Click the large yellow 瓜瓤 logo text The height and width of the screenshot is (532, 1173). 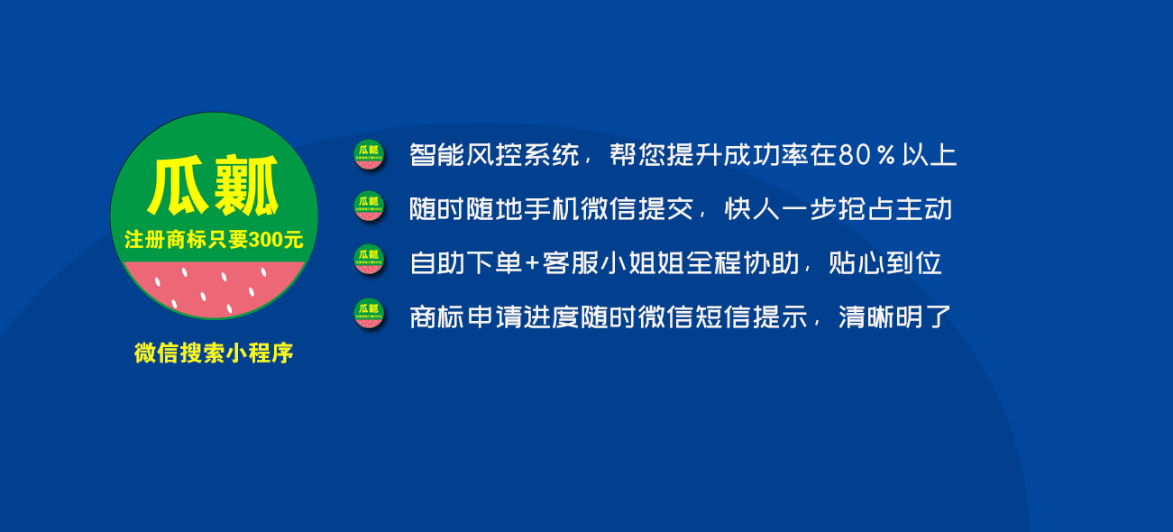click(x=214, y=187)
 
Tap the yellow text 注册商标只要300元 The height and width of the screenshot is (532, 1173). click(x=214, y=241)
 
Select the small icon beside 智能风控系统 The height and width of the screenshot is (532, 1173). click(x=368, y=155)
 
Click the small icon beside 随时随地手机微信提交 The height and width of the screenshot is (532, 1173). click(x=368, y=207)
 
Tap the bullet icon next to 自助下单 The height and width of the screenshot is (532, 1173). click(x=368, y=261)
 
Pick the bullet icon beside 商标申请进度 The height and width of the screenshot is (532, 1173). click(x=368, y=314)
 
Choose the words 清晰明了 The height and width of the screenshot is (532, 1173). click(x=894, y=317)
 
